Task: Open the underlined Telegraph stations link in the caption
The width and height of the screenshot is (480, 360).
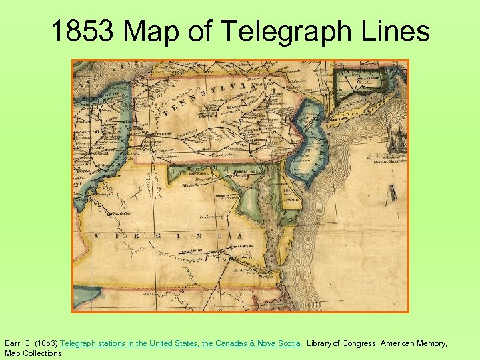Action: pyautogui.click(x=181, y=343)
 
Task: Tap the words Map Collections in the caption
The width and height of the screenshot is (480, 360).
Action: pyautogui.click(x=33, y=353)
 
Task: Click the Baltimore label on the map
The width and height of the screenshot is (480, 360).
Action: pyautogui.click(x=248, y=171)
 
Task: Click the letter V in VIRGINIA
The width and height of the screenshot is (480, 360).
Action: pyautogui.click(x=97, y=236)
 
